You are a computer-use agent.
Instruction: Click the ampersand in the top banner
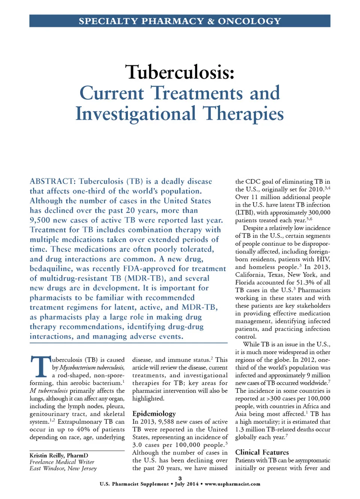pyautogui.click(x=211, y=21)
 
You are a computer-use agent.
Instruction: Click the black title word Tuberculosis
pyautogui.click(x=180, y=72)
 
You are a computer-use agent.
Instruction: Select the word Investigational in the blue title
pyautogui.click(x=135, y=114)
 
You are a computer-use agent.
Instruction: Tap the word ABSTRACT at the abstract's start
pyautogui.click(x=52, y=181)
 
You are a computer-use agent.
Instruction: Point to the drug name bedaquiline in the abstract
pyautogui.click(x=51, y=269)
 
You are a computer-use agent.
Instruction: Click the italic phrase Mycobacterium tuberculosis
pyautogui.click(x=92, y=367)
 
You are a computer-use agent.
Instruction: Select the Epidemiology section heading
pyautogui.click(x=154, y=414)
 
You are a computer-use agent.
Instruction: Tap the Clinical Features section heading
pyautogui.click(x=262, y=452)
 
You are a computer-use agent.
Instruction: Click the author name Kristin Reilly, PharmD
pyautogui.click(x=59, y=456)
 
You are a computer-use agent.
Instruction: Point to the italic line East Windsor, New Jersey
pyautogui.click(x=63, y=468)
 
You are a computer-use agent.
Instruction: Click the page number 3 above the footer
pyautogui.click(x=180, y=478)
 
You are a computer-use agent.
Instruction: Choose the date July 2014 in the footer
pyautogui.click(x=186, y=484)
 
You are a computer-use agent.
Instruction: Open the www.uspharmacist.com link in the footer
pyautogui.click(x=232, y=484)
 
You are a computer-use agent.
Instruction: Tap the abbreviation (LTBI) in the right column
pyautogui.click(x=246, y=213)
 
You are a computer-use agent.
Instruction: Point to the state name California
pyautogui.click(x=250, y=274)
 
